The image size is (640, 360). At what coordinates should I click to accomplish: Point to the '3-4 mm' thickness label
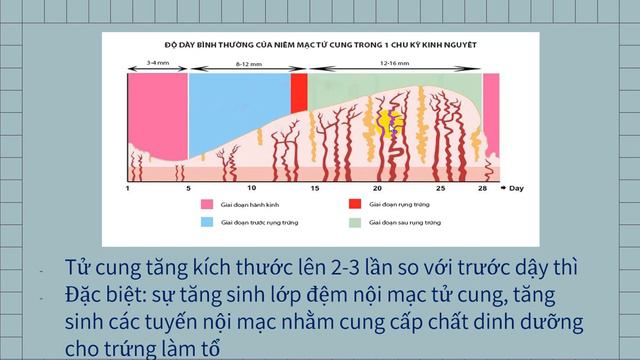(157, 61)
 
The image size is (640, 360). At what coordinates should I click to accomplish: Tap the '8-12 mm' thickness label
(249, 61)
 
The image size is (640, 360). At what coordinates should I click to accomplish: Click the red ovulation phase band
(299, 92)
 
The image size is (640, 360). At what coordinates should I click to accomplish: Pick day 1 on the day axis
(128, 188)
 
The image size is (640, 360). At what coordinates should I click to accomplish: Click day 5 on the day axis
(187, 188)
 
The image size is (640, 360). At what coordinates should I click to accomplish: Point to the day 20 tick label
(377, 188)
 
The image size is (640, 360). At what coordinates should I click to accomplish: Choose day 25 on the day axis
(440, 188)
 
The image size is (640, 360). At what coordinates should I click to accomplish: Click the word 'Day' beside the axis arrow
(516, 188)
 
